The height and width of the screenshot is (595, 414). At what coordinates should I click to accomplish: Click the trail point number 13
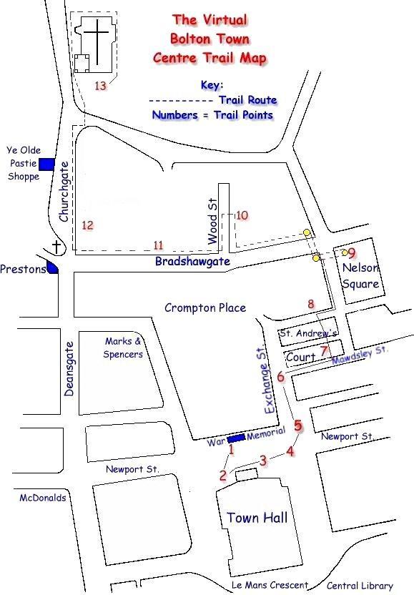(101, 86)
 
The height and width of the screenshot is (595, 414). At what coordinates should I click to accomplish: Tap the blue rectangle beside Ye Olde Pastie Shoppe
(46, 164)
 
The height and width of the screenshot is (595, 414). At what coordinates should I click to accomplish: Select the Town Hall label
(257, 517)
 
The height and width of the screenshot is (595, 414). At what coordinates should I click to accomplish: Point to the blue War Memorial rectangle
(236, 438)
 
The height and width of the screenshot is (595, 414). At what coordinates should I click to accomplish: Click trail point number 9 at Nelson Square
(351, 252)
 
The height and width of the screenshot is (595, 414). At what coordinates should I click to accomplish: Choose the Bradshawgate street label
(192, 262)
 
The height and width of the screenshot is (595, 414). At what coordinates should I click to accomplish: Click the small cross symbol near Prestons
(57, 247)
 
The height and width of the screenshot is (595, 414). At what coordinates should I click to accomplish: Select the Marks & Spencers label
(123, 348)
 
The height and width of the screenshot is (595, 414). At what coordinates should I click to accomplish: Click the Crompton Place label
(204, 308)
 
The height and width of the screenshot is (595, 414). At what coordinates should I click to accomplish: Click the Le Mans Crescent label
(270, 586)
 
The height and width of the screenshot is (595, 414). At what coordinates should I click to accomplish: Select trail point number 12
(87, 225)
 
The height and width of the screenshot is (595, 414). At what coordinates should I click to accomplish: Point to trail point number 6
(280, 377)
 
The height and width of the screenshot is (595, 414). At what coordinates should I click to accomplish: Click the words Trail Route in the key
(247, 100)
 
